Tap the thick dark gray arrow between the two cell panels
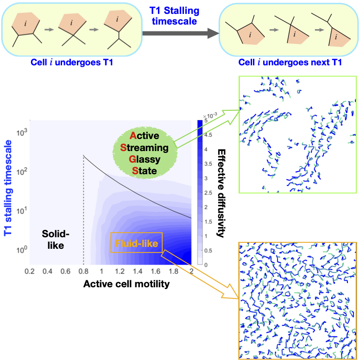(181, 33)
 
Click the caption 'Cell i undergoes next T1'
(290, 62)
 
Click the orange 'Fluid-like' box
(137, 243)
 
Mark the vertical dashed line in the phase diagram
(83, 208)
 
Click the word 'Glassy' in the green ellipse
(146, 160)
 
